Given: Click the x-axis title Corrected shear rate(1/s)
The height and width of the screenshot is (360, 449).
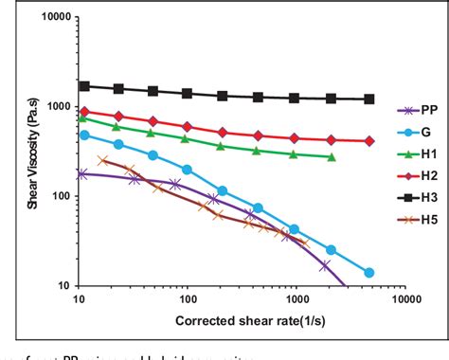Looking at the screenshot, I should tap(241, 321).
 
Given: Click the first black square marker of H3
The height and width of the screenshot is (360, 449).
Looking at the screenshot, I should tap(84, 86).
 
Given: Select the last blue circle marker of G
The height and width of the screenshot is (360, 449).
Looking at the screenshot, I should tap(369, 273).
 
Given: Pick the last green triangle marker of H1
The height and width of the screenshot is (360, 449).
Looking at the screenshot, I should tap(332, 157).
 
